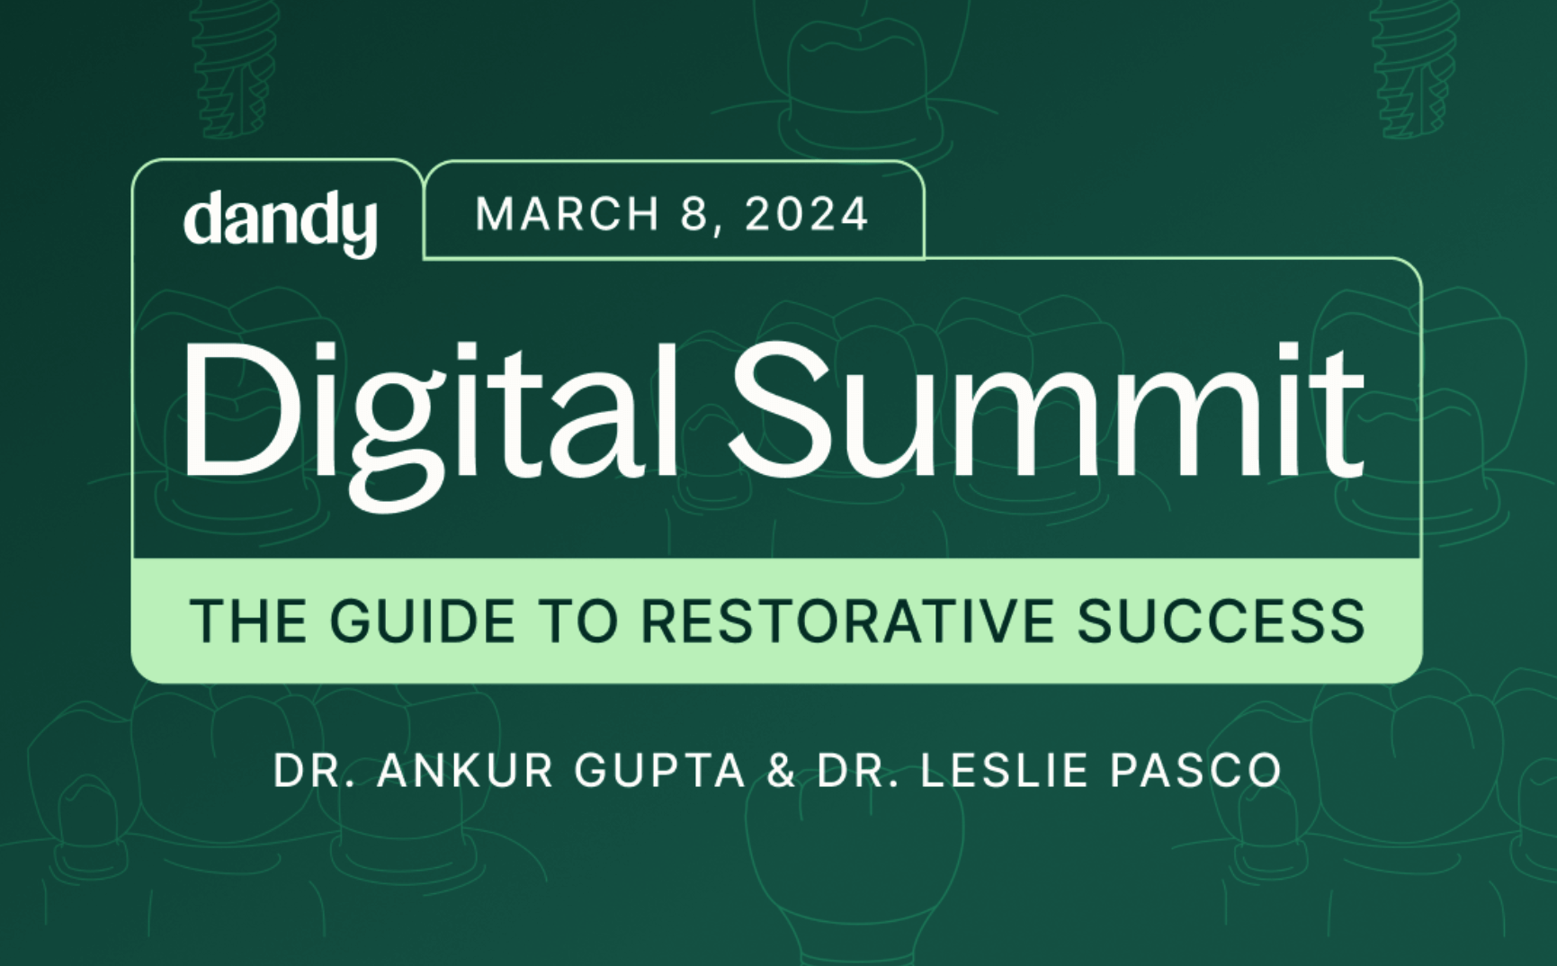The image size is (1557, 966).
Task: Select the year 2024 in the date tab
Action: [807, 215]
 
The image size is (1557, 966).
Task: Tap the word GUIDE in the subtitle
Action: [423, 621]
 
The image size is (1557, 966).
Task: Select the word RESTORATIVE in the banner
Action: [847, 621]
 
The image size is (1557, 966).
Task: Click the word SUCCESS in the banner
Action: [1221, 621]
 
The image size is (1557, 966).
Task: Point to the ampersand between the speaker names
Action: [781, 771]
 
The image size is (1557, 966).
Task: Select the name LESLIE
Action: [1004, 771]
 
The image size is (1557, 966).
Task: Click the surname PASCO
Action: [1195, 771]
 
